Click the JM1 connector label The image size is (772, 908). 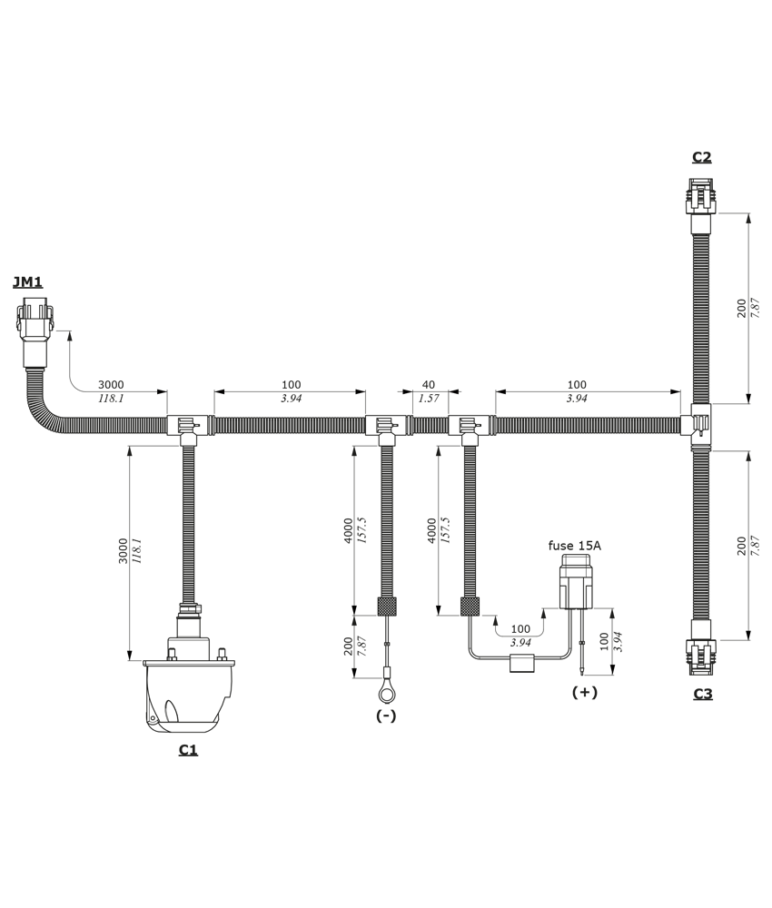point(28,282)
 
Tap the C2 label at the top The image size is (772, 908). point(702,157)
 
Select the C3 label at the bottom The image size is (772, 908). point(703,693)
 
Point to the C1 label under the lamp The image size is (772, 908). point(188,749)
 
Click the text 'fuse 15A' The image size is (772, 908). point(575,546)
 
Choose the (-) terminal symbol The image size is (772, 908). point(386,716)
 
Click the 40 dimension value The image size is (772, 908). point(429,384)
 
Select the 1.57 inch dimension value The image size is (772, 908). point(430,399)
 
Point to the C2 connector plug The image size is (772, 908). point(701,205)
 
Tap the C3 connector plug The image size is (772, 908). point(702,648)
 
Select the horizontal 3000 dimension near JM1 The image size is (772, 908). point(111,384)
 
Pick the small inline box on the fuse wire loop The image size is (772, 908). point(521,663)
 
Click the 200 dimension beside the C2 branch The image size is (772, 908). point(741,309)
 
